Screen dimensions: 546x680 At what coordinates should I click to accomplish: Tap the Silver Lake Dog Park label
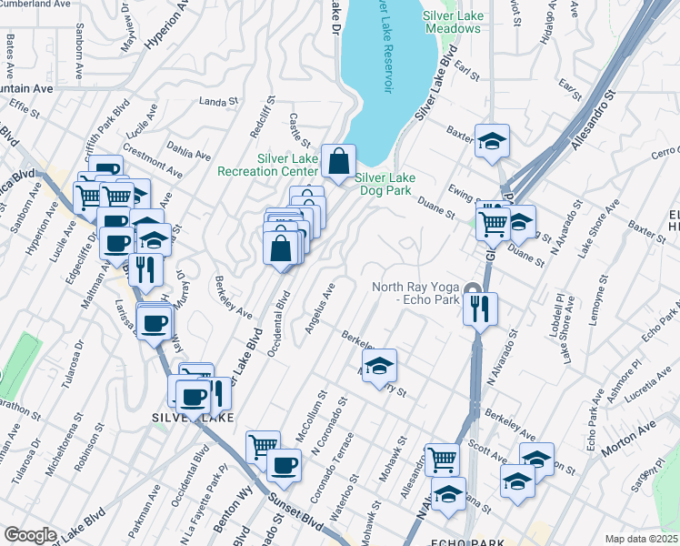384,185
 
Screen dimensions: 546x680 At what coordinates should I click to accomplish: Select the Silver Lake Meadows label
451,23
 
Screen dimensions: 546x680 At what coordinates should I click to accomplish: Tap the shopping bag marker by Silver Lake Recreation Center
338,162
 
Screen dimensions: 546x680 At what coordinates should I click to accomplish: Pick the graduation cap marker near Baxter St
492,142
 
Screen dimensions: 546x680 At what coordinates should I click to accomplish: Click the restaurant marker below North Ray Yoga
480,308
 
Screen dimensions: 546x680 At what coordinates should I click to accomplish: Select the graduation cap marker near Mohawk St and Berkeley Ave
380,367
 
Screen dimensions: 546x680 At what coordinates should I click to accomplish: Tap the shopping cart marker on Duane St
493,221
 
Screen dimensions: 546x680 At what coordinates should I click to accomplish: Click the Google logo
30,534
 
